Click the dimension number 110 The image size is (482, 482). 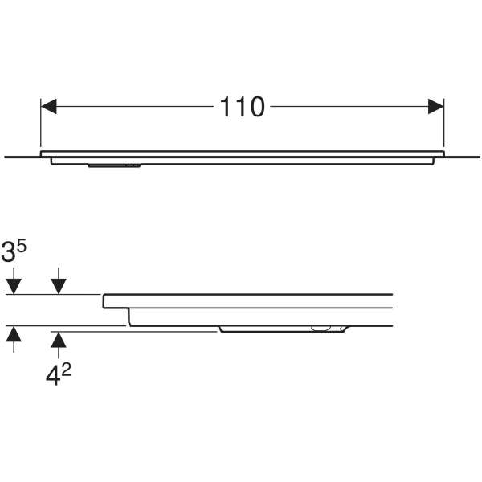243,107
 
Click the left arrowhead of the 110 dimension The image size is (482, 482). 48,106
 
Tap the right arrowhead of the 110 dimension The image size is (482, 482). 436,106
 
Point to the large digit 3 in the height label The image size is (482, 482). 8,252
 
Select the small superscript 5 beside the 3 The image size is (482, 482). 22,247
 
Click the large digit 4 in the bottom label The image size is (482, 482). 52,376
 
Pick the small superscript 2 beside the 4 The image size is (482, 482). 66,370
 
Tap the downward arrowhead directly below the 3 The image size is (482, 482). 14,286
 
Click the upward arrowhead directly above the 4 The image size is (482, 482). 59,340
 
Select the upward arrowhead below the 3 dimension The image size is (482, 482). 14,334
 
